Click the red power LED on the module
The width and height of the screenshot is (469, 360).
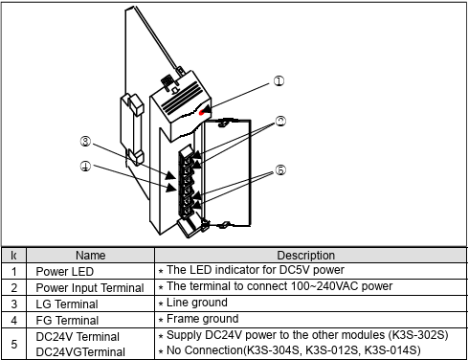tap(202, 112)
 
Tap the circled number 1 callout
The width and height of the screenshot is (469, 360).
tap(279, 81)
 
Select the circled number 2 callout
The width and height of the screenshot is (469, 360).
tap(280, 122)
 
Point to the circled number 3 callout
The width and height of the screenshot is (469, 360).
tap(85, 142)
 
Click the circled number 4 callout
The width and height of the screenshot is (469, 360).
tap(85, 166)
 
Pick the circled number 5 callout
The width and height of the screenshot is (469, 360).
tap(280, 169)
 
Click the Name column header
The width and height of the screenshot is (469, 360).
tap(90, 256)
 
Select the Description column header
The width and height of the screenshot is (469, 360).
tap(305, 256)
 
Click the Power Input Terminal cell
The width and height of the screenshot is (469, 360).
tap(90, 288)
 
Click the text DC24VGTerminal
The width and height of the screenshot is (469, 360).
tap(80, 352)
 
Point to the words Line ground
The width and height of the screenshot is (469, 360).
tap(197, 303)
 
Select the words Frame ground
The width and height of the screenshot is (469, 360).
tap(202, 319)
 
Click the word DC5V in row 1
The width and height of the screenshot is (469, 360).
tap(294, 270)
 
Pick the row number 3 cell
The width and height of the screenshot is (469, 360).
tap(13, 304)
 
